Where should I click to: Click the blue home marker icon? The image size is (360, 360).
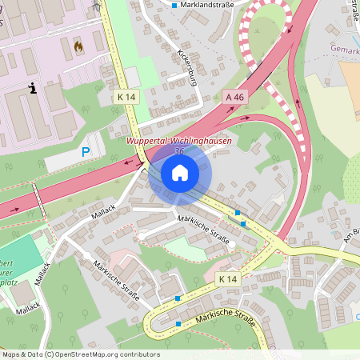[179, 173]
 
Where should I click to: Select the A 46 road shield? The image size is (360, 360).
[234, 96]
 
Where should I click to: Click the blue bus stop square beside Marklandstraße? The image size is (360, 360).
[174, 5]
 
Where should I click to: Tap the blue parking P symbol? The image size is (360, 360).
[86, 151]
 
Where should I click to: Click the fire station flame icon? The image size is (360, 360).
[78, 46]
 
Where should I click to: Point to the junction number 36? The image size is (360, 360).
[178, 150]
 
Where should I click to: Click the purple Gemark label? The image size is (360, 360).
[344, 50]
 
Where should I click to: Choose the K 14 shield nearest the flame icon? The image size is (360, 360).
[126, 96]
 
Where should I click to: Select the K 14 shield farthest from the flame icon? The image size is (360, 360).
[227, 278]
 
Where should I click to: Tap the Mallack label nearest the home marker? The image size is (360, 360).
[103, 216]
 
